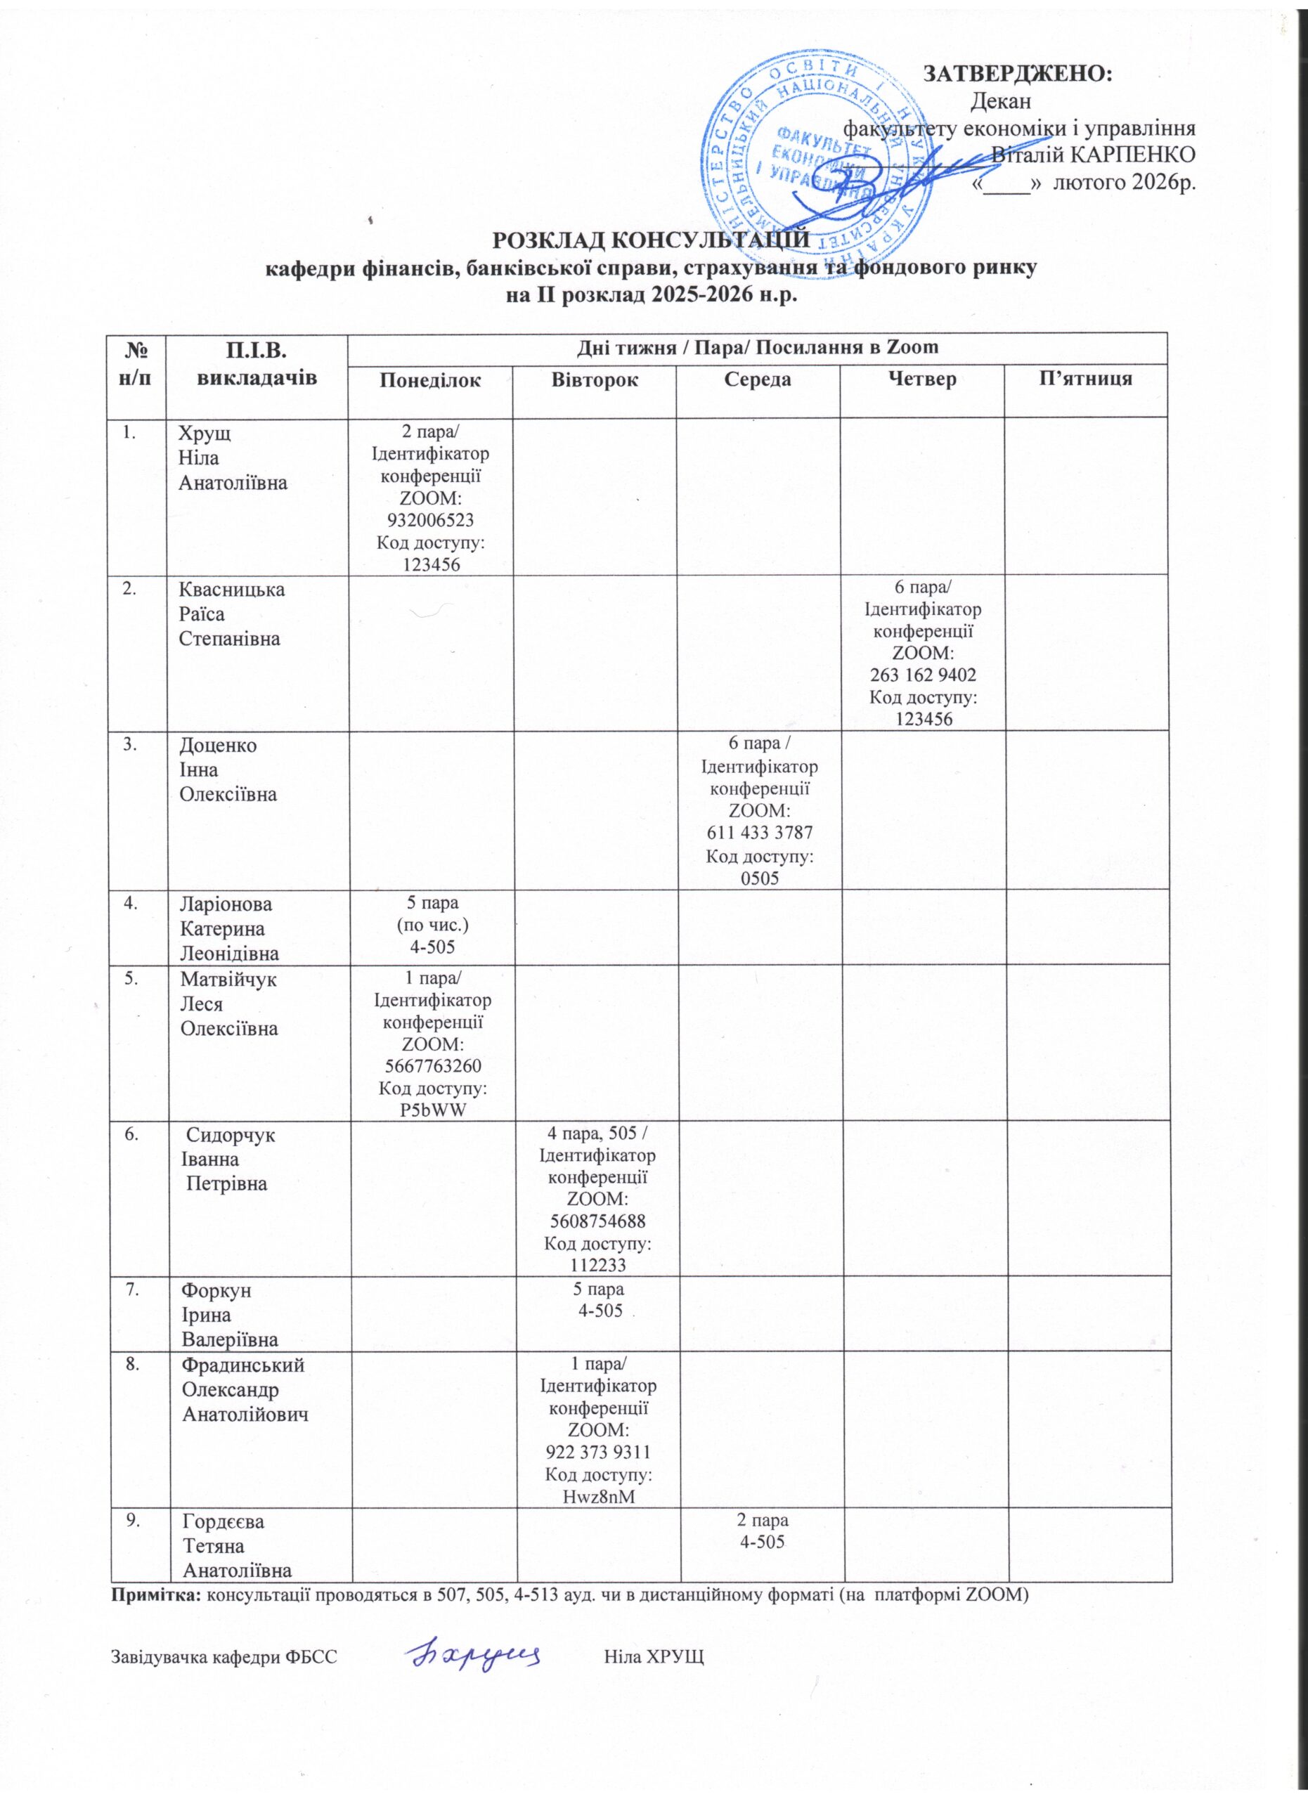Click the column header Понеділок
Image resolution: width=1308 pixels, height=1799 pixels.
pyautogui.click(x=431, y=380)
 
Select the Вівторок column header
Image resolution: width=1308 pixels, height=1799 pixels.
pyautogui.click(x=594, y=380)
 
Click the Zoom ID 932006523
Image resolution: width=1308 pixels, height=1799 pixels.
pyautogui.click(x=431, y=520)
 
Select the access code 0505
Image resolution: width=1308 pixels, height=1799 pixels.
pyautogui.click(x=758, y=877)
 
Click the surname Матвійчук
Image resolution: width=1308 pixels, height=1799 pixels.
pyautogui.click(x=229, y=980)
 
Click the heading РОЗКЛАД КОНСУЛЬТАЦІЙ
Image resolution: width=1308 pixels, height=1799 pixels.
pyautogui.click(x=652, y=239)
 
